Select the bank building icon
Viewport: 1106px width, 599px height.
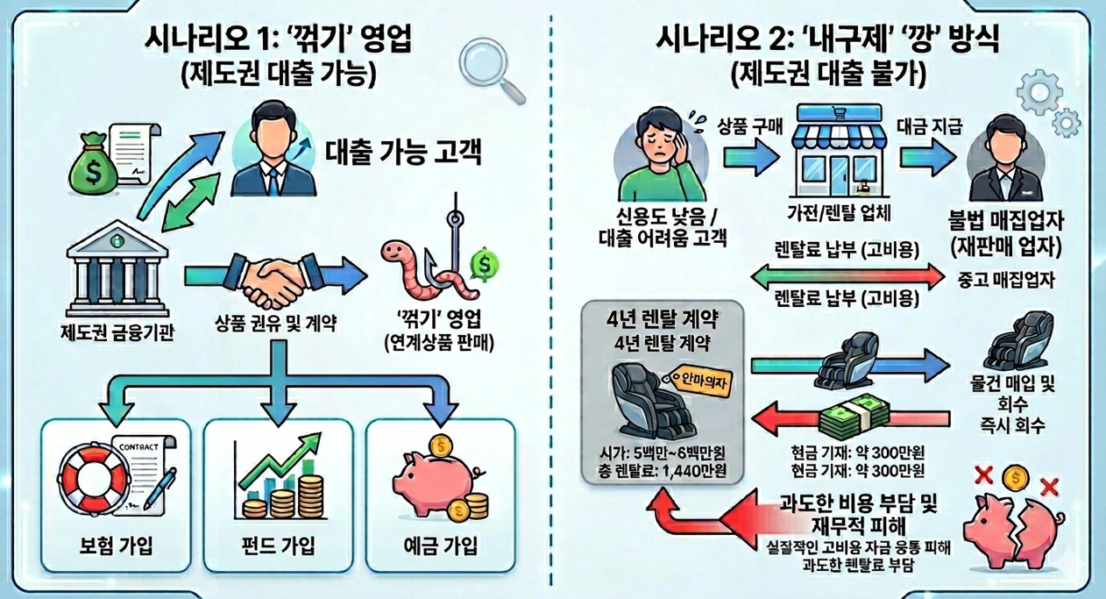[117, 268]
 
